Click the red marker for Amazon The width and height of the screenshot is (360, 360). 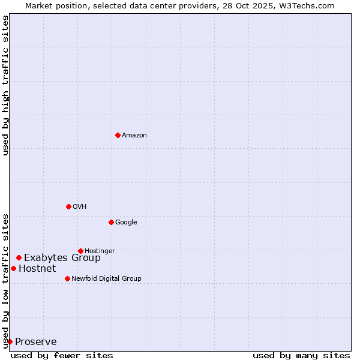coord(118,135)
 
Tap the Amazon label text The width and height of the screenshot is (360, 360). coord(134,136)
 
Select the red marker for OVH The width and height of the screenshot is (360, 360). coord(68,206)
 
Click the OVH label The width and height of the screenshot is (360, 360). coord(80,207)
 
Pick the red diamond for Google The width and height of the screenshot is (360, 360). coord(111,222)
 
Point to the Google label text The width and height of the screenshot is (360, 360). coord(126,223)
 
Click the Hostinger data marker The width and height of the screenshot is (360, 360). coord(80,251)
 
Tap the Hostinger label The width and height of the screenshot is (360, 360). coord(100,251)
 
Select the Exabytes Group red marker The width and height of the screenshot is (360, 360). coord(19,257)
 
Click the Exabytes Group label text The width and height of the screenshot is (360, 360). coord(62,258)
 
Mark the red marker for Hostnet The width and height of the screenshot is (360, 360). coord(13,268)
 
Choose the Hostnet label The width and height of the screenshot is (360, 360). coord(37,269)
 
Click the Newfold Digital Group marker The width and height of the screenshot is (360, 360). coord(67,278)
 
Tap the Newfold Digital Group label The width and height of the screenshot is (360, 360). coord(106,279)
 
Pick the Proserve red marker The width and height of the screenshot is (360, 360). coord(10,341)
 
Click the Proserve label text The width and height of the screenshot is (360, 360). coord(36,342)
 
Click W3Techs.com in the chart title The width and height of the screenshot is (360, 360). coord(311,5)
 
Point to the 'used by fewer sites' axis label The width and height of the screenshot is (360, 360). coord(62,355)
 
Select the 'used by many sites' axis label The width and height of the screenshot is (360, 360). coord(301,355)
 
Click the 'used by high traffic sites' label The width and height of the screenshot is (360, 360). coord(5,85)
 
